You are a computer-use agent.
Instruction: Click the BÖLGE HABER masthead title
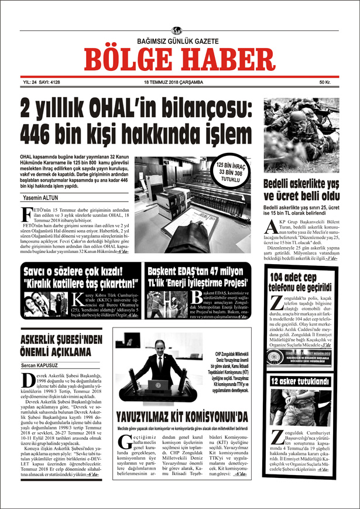(179, 59)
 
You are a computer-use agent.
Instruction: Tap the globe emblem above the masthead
(179, 31)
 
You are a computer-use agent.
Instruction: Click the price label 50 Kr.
(326, 83)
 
